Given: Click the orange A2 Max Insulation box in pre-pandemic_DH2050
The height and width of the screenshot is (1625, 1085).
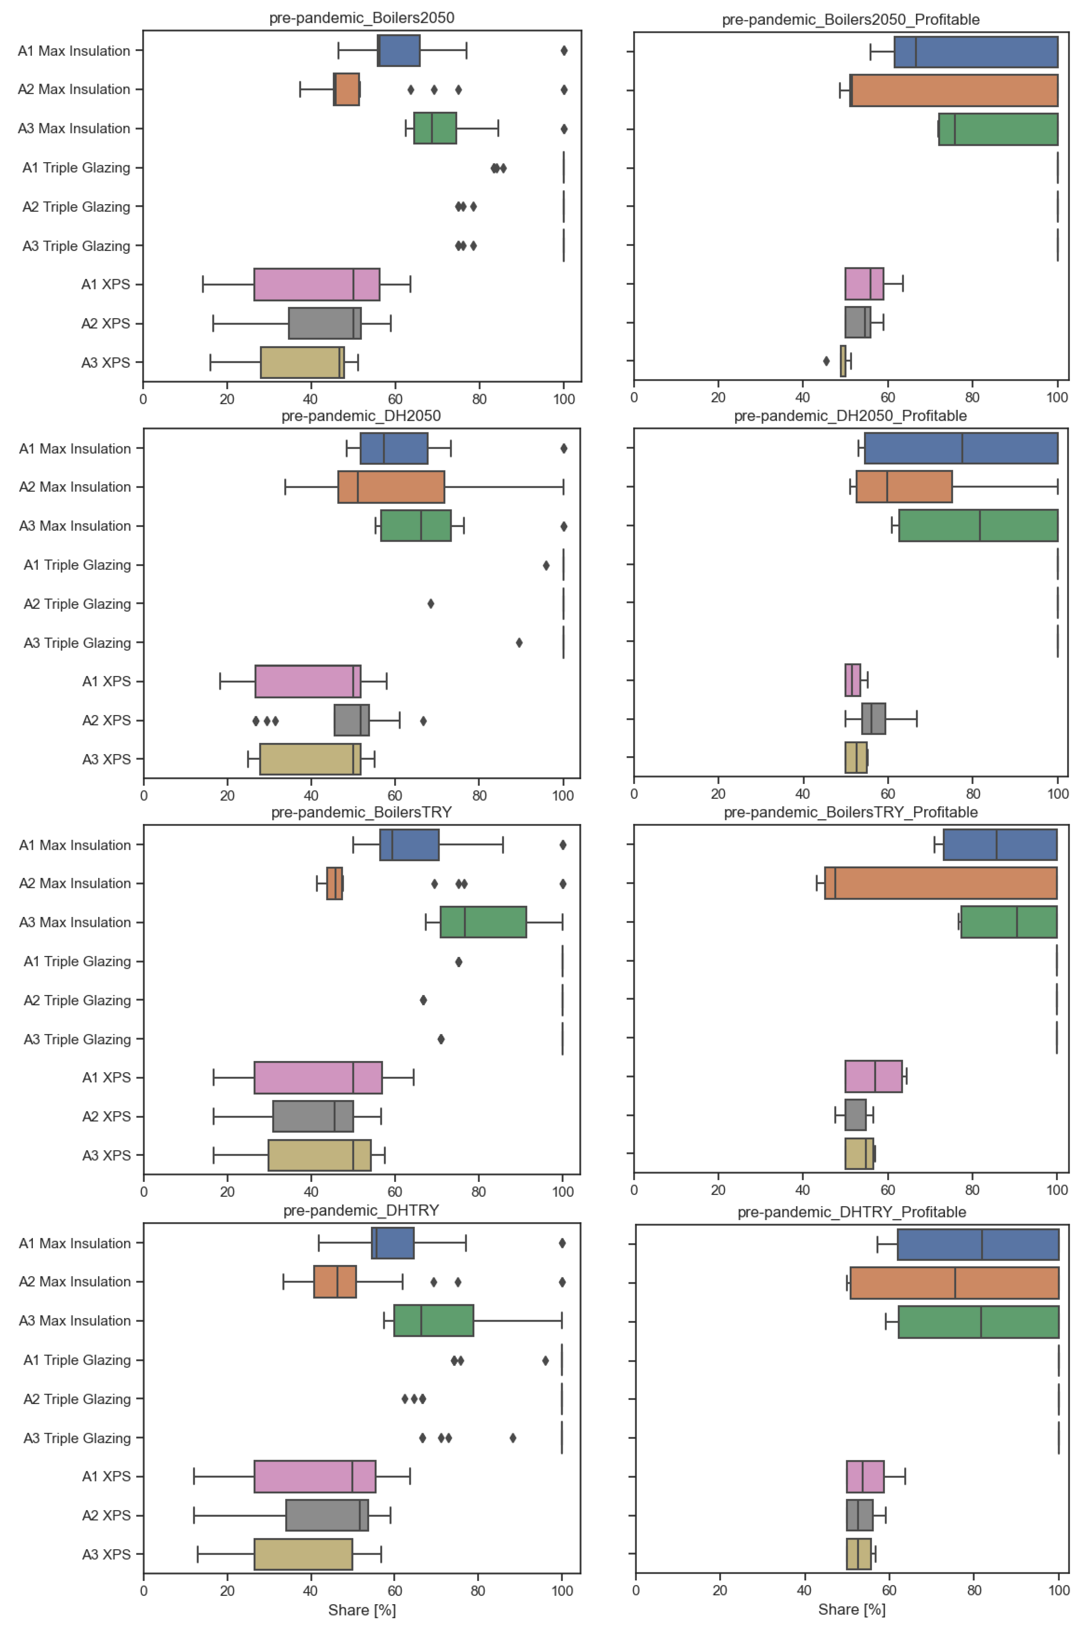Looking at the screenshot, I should pos(391,487).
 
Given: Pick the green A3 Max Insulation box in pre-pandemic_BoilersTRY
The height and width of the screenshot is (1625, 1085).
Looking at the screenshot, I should pos(483,922).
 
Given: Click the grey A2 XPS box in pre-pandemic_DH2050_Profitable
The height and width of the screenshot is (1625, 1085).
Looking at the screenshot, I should pos(873,719).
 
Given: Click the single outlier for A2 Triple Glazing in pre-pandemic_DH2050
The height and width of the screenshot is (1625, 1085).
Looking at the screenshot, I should pos(431,604).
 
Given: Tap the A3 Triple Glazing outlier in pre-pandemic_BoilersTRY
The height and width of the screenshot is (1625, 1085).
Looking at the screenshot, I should pos(441,1039).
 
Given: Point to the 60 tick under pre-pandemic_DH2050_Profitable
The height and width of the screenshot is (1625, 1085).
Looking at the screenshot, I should pos(888,794).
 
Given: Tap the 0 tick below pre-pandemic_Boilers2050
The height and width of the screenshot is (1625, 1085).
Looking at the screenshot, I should pos(143,399).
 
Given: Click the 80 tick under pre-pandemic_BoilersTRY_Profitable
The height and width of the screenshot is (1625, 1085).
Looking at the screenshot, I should pos(972,1190).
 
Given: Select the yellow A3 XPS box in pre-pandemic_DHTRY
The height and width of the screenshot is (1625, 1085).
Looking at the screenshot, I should pos(303,1555).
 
